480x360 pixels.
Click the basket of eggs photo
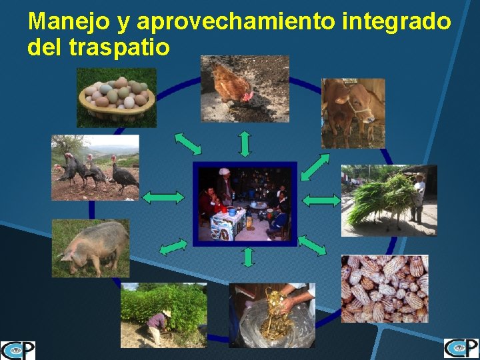117,97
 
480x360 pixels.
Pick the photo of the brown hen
245,89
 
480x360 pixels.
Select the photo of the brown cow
353,113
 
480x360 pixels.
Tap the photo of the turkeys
95,167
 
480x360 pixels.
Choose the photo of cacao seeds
385,288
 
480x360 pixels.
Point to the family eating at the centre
245,203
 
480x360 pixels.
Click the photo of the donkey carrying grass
389,200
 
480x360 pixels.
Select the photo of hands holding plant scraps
272,315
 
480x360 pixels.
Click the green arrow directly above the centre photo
245,143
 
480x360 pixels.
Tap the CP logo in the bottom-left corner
17,350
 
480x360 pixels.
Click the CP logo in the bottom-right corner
461,349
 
